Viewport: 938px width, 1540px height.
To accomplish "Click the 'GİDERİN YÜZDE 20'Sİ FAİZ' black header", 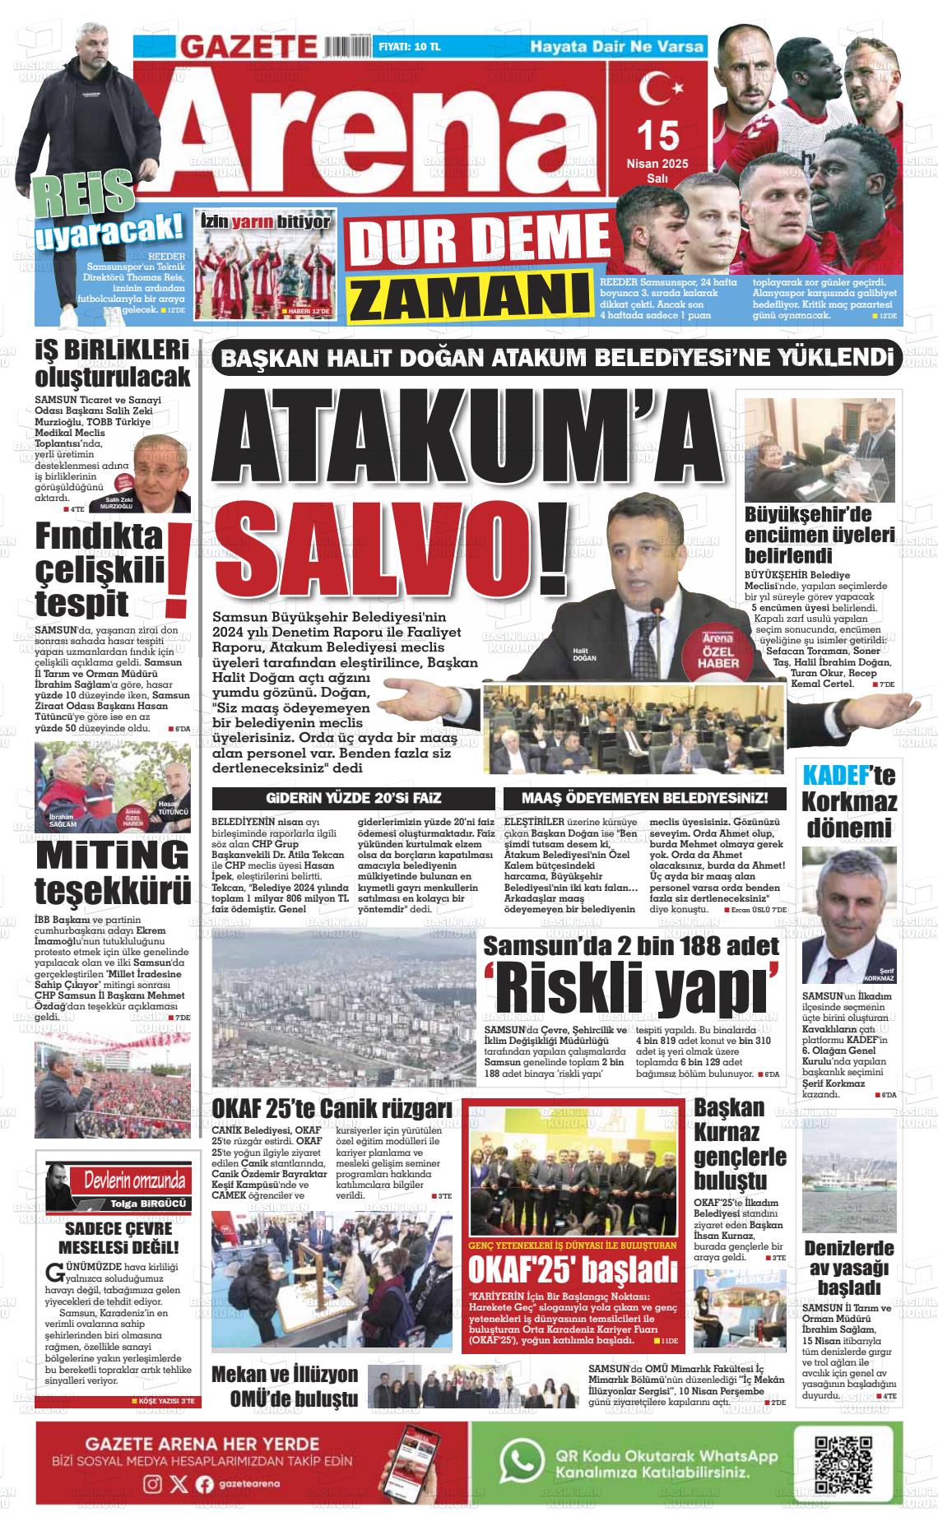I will pyautogui.click(x=353, y=798).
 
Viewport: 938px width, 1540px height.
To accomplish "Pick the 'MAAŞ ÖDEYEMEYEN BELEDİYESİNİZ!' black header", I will pyautogui.click(x=644, y=798).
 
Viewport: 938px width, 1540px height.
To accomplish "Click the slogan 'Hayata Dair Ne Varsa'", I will pyautogui.click(x=616, y=46).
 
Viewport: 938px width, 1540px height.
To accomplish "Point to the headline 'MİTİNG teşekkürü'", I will pyautogui.click(x=113, y=871).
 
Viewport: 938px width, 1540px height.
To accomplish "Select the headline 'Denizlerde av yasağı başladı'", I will pyautogui.click(x=848, y=1268).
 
